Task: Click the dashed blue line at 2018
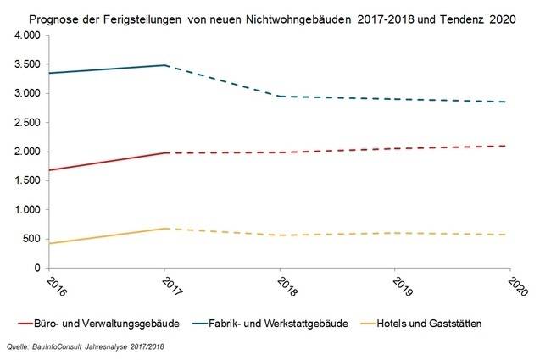point(281,97)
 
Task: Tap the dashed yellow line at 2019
point(394,233)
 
